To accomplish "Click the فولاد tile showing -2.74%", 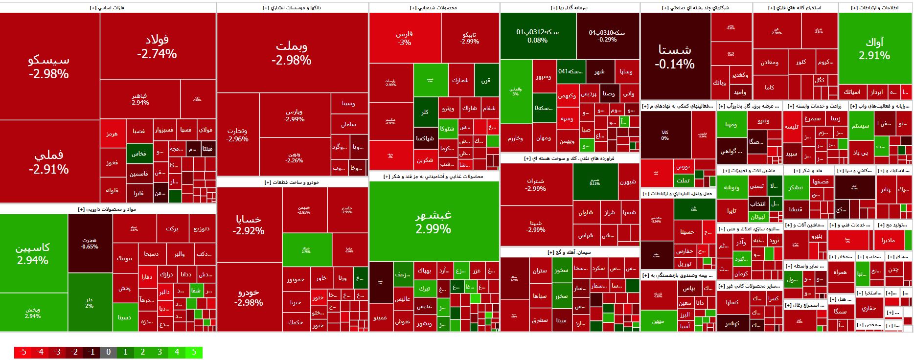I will point(157,46).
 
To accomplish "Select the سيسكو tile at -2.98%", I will point(49,67).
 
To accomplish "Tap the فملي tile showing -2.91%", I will point(49,161).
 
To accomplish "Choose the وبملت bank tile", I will point(292,53).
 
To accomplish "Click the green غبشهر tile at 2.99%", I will point(434,222).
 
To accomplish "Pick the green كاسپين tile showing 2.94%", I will point(33,253).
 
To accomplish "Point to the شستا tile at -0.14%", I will point(675,56).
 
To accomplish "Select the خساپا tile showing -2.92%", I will point(249,225).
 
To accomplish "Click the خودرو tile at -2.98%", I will point(249,297).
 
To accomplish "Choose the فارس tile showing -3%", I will point(404,38).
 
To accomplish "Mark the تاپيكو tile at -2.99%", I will point(469,38).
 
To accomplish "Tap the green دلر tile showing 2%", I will point(90,302).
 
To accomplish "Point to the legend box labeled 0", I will point(108,352).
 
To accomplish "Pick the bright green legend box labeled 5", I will point(194,352).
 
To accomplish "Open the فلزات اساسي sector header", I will point(108,8).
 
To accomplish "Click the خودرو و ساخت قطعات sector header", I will point(292,182).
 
